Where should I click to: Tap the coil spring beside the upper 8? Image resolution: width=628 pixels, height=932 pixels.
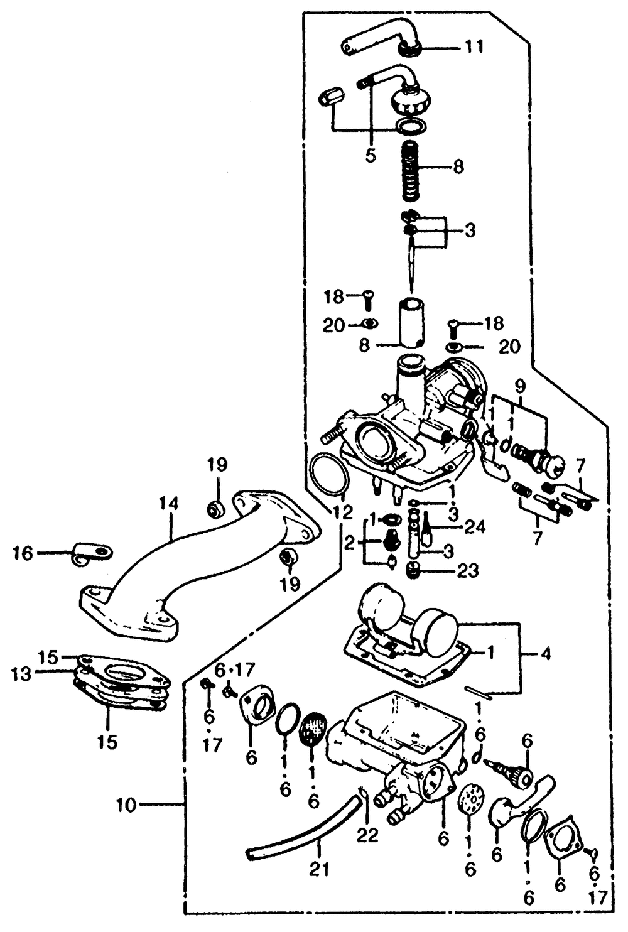[x=409, y=168]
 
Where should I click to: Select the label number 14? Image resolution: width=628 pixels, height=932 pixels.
[x=168, y=503]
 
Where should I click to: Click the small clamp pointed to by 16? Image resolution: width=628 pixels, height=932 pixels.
[x=90, y=553]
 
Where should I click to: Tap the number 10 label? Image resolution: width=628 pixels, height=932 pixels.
[x=127, y=805]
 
